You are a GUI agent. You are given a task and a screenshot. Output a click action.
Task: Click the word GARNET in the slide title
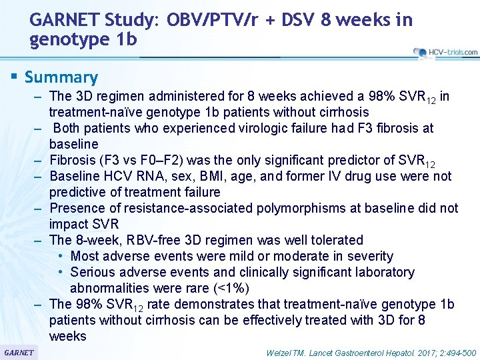[61, 21]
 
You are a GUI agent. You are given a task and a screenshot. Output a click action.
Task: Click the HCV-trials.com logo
[445, 52]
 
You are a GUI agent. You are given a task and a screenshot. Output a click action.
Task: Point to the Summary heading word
[61, 77]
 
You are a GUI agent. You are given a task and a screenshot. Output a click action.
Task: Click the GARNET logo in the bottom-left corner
[19, 352]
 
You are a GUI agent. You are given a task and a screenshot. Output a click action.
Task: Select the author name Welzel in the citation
[280, 352]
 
